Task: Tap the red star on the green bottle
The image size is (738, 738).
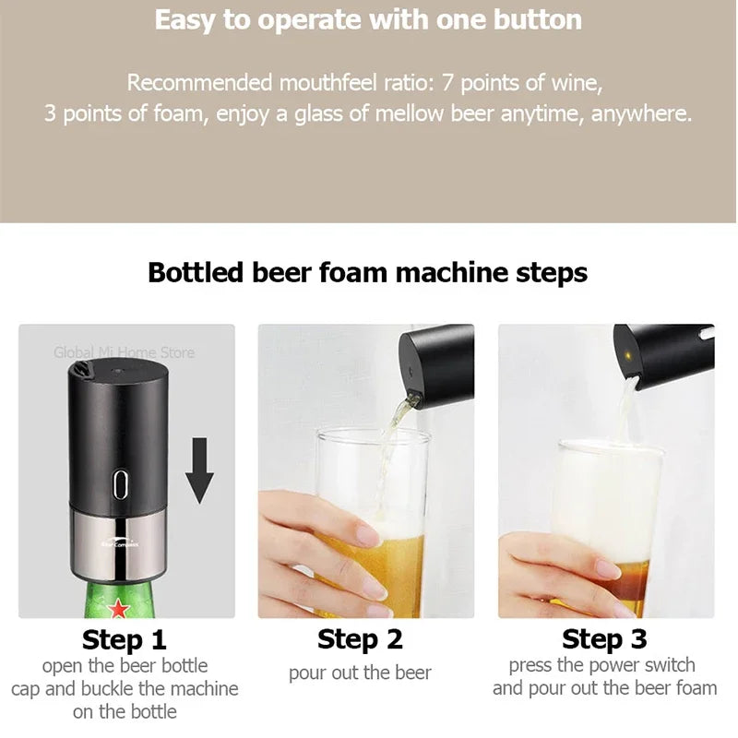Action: point(118,609)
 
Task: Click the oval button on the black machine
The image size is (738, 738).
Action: point(120,484)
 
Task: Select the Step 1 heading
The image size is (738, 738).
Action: point(125,639)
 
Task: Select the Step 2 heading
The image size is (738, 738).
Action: point(360,639)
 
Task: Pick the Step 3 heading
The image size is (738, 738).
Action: point(604,639)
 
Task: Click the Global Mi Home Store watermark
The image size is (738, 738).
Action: point(124,352)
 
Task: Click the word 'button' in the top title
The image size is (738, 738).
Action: point(535,20)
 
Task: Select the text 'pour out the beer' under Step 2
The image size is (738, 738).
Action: point(360,673)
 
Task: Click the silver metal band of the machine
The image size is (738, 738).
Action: point(120,542)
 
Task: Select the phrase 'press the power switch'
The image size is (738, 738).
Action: point(602,665)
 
